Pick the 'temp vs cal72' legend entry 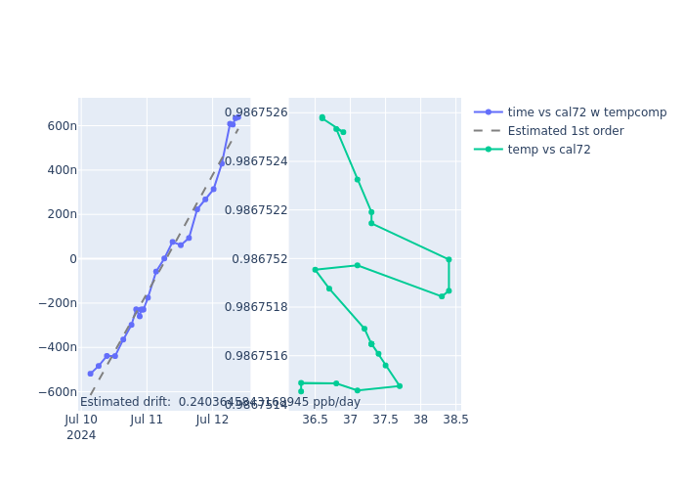pos(548,150)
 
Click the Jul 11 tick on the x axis pos(148,420)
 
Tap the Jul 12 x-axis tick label pos(213,420)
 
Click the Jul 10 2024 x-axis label pos(81,427)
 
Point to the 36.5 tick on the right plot pos(315,420)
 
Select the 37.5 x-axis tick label pos(386,420)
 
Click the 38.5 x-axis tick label pos(455,420)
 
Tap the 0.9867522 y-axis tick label pos(256,210)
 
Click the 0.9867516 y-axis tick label pos(256,356)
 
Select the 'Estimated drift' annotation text pos(220,402)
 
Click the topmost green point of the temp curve pos(322,117)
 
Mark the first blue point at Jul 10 pos(91,374)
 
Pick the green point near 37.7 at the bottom pos(400,386)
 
